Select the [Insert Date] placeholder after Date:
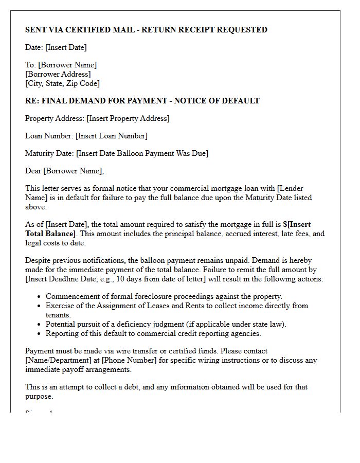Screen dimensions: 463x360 click(66, 47)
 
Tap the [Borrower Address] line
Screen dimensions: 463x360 click(58, 74)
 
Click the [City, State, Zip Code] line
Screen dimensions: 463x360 click(62, 83)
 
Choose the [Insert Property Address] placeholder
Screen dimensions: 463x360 click(128, 118)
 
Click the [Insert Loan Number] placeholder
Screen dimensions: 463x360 click(112, 136)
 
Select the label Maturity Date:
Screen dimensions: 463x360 click(49, 153)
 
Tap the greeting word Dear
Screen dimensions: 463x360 click(33, 171)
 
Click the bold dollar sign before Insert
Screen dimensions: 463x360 click(285, 224)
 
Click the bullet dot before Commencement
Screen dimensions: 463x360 click(40, 297)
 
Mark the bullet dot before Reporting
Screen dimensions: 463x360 click(40, 334)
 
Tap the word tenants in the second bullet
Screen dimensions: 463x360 click(58, 315)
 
